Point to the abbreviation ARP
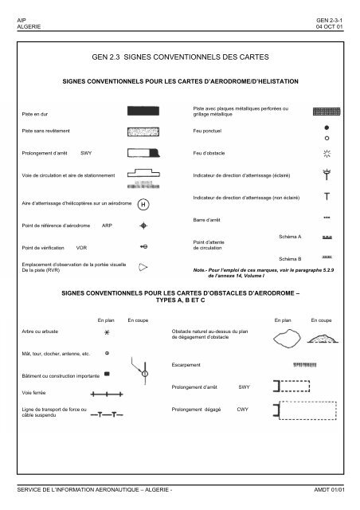coord(108,226)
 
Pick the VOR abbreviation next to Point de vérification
coord(81,247)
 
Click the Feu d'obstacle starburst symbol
coord(327,153)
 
